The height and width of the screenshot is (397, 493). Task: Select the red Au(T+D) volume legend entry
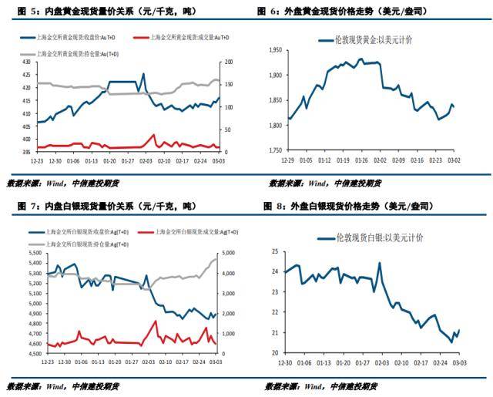(188, 37)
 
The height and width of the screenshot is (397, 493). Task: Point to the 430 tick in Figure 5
(25, 61)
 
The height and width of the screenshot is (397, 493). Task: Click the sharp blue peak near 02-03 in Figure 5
(143, 74)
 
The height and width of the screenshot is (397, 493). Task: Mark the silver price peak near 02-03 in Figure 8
(379, 263)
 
